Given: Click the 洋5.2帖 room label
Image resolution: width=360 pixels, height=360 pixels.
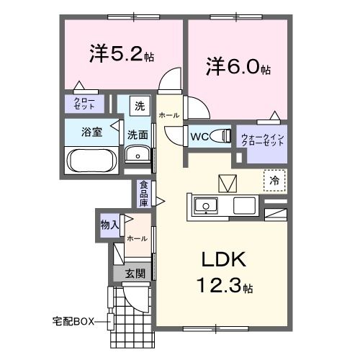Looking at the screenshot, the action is coord(122,54).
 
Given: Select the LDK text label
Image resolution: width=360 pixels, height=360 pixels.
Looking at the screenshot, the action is coord(224,259).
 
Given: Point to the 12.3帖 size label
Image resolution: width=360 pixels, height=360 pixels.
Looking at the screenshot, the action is coord(225,286).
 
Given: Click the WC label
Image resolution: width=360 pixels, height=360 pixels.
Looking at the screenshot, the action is coord(199,137).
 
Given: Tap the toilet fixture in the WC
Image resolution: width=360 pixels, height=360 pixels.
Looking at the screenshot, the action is coord(221,136).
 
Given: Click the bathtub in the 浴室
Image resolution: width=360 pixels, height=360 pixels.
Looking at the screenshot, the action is coord(92,161).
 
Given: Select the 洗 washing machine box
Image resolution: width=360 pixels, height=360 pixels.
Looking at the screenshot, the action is coord(140,106).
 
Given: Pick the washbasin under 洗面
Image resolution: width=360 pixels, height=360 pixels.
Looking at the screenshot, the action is coord(138,154).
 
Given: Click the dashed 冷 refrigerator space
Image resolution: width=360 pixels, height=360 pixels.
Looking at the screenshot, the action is coord(274,181).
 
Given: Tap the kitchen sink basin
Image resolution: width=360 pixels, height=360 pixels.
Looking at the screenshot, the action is coord(206,206).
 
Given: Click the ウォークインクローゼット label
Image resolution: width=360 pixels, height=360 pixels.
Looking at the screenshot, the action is coord(263,140).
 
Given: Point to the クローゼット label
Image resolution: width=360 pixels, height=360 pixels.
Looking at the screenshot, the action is coord(84,104).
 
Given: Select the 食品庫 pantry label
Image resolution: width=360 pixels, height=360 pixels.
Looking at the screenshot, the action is coord(144,194).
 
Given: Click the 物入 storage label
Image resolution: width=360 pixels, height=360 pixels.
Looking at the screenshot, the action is coord(109,225).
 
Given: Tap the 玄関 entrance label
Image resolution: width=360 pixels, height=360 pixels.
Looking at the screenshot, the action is coord(135,274).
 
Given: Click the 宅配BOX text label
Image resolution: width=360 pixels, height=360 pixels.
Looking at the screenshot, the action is coord(73,321).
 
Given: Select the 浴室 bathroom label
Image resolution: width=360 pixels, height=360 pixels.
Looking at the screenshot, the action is coord(91,132).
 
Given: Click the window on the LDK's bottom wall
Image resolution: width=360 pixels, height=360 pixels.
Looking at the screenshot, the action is coord(216,328).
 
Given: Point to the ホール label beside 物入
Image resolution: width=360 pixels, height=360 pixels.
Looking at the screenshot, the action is coord(137,238).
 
